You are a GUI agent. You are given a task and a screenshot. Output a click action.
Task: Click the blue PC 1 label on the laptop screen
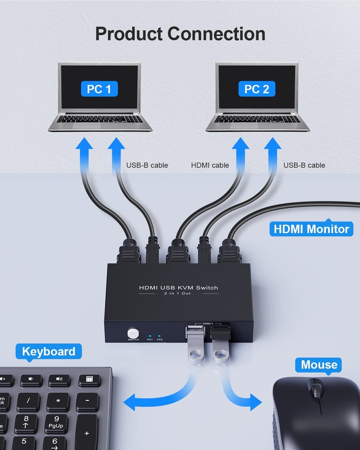pos(99,89)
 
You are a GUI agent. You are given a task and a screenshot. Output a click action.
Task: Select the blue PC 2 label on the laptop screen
pos(256,89)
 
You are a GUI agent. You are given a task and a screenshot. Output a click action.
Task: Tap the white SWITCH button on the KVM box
pos(133,333)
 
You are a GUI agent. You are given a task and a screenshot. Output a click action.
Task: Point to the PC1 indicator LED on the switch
pos(149,336)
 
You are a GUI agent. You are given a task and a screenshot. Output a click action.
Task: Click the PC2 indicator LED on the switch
pos(160,336)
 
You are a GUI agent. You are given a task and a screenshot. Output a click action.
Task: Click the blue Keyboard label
pos(49,351)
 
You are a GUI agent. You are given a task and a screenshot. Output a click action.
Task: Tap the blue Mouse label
pos(319,364)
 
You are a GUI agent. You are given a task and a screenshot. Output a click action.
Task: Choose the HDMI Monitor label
pos(311,229)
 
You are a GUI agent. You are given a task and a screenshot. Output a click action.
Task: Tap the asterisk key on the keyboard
pos(58,400)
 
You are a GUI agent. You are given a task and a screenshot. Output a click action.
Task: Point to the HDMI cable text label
pos(210,165)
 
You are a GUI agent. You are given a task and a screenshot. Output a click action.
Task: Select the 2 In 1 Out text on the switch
pos(178,294)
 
